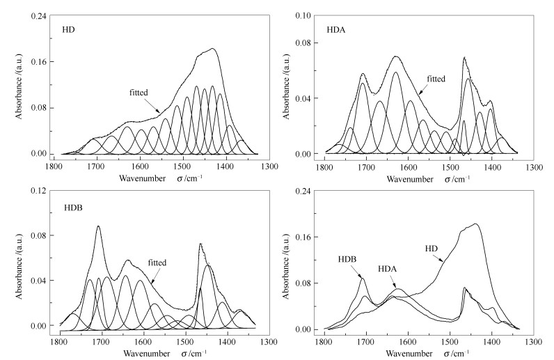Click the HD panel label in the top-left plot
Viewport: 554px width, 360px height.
68,31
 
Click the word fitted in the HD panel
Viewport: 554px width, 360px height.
139,92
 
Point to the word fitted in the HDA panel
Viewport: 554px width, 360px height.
436,79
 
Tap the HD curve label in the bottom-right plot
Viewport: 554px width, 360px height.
432,248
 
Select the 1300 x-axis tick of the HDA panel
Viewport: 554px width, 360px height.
533,167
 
